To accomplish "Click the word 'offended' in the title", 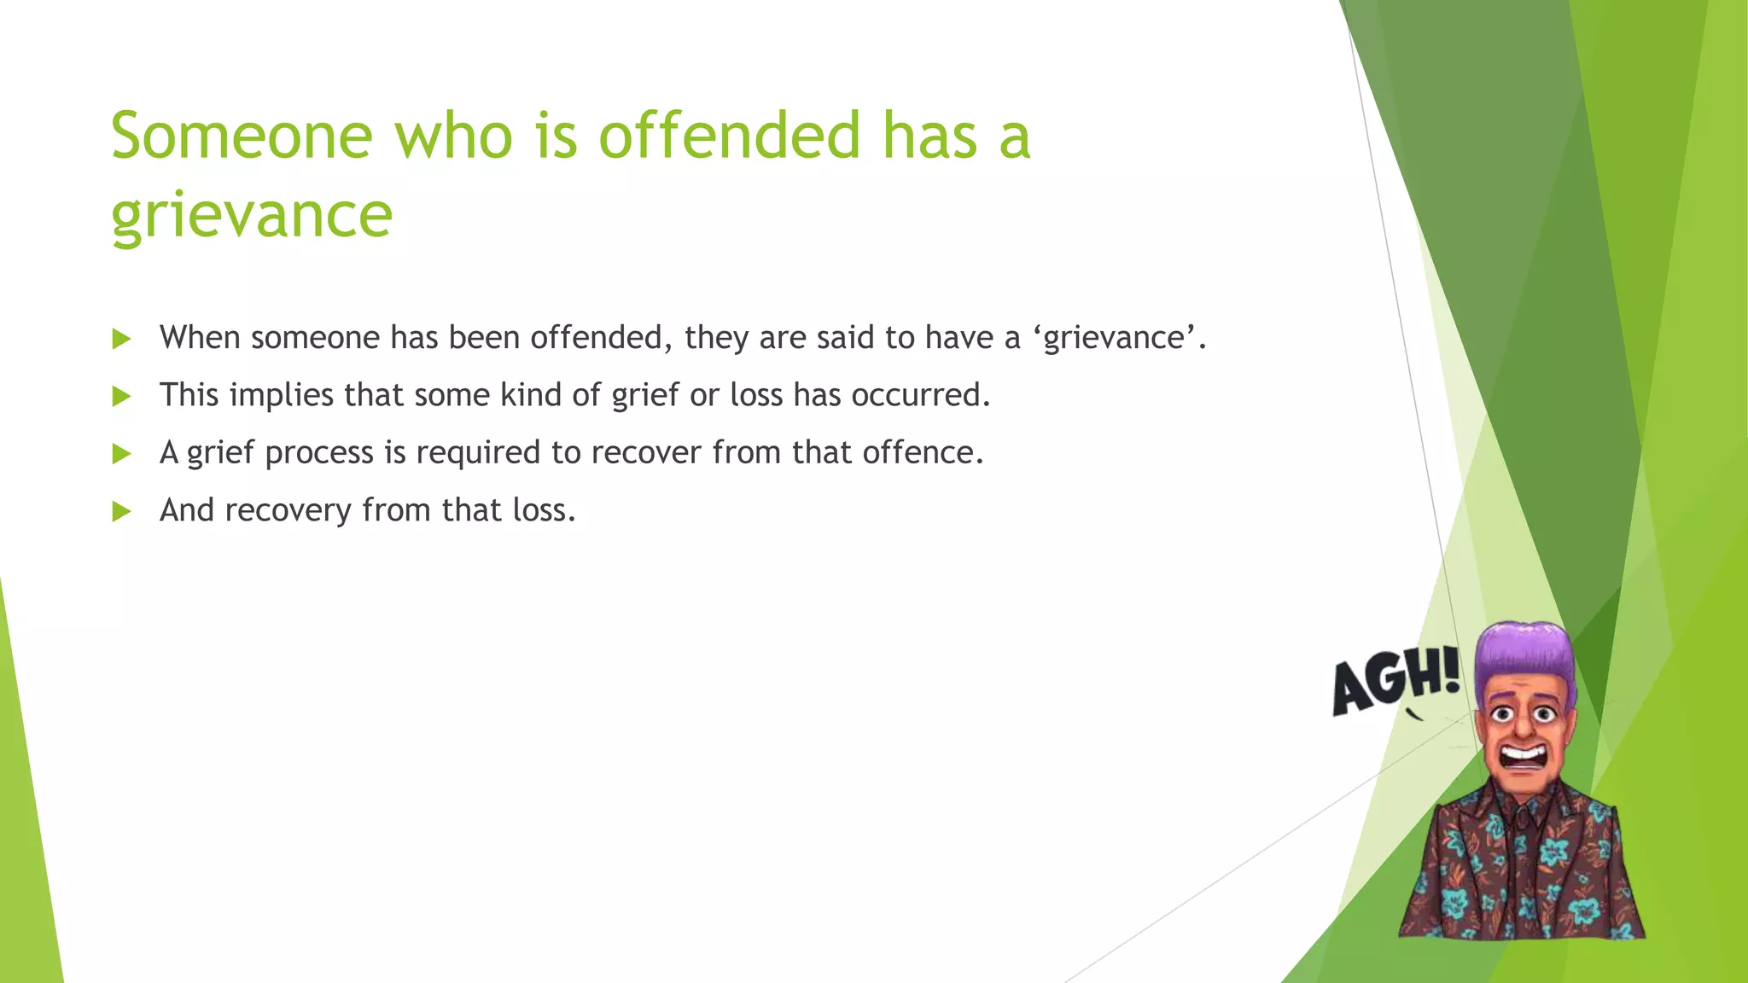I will click(729, 137).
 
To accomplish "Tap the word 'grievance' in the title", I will click(252, 215).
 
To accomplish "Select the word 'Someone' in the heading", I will click(242, 137).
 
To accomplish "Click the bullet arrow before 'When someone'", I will click(121, 339).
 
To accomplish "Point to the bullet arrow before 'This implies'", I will click(121, 396).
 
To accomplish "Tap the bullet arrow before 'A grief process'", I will click(121, 453).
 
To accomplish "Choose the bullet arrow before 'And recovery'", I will click(121, 511).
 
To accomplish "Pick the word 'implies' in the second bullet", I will click(281, 396).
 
